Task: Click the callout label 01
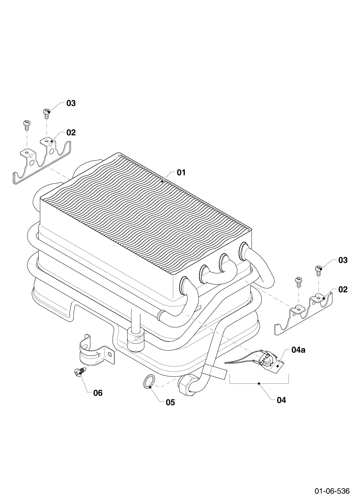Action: point(181,172)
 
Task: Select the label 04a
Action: point(298,350)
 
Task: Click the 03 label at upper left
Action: point(71,103)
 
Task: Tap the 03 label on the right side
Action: point(343,260)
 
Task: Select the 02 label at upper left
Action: point(71,132)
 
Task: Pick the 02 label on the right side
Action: point(343,289)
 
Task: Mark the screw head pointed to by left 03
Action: point(46,111)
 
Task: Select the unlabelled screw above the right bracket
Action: point(298,282)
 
